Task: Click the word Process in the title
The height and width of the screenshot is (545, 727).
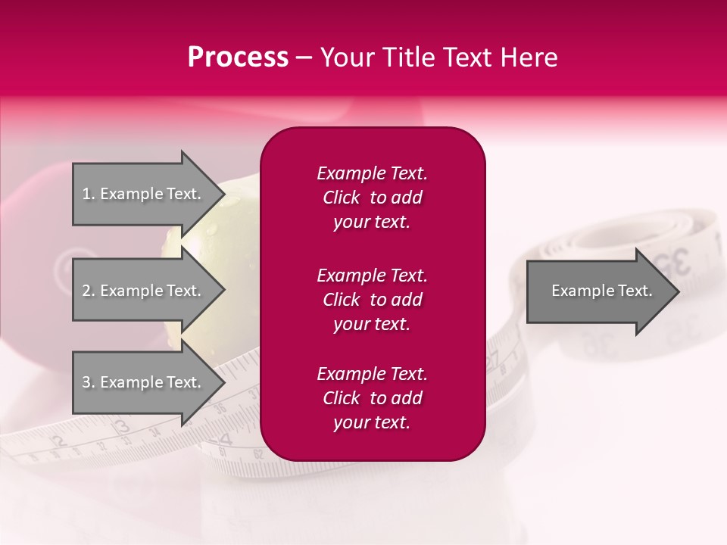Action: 238,58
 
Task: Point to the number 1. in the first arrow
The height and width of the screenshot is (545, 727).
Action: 89,194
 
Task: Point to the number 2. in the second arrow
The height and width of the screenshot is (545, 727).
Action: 89,291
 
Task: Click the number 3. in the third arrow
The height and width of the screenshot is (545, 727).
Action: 89,382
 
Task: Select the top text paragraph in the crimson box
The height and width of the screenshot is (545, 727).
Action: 372,198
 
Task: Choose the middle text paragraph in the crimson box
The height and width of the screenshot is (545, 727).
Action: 372,299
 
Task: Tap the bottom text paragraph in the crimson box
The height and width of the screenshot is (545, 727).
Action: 372,398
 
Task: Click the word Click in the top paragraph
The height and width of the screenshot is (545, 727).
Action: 341,198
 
